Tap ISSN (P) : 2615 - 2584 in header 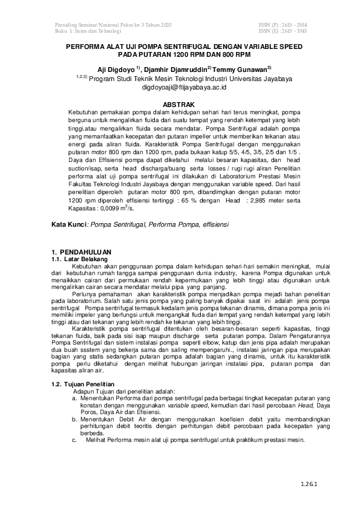(x=283, y=24)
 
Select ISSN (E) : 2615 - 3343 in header (x=283, y=30)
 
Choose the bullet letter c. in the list (x=74, y=439)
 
